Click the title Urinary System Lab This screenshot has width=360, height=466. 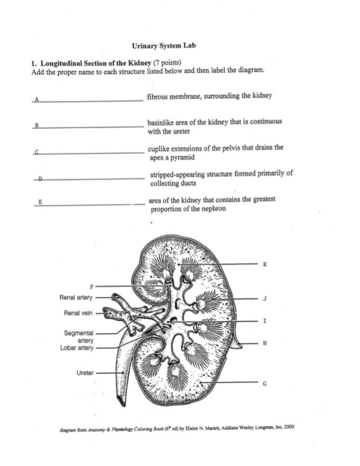pos(164,46)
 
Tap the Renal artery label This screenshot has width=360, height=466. pos(76,297)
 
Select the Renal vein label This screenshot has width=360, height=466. pos(78,313)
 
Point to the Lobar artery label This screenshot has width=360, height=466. pos(77,348)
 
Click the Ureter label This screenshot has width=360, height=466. pos(85,373)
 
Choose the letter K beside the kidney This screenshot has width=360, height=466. pos(265,264)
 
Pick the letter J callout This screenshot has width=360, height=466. pos(265,299)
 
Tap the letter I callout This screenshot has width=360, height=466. pos(265,321)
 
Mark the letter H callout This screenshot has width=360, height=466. pos(265,343)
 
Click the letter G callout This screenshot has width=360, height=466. pos(265,384)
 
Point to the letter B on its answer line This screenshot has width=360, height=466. pos(36,126)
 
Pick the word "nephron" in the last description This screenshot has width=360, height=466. pos(214,209)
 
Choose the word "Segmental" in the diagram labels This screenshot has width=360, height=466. pos(78,333)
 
